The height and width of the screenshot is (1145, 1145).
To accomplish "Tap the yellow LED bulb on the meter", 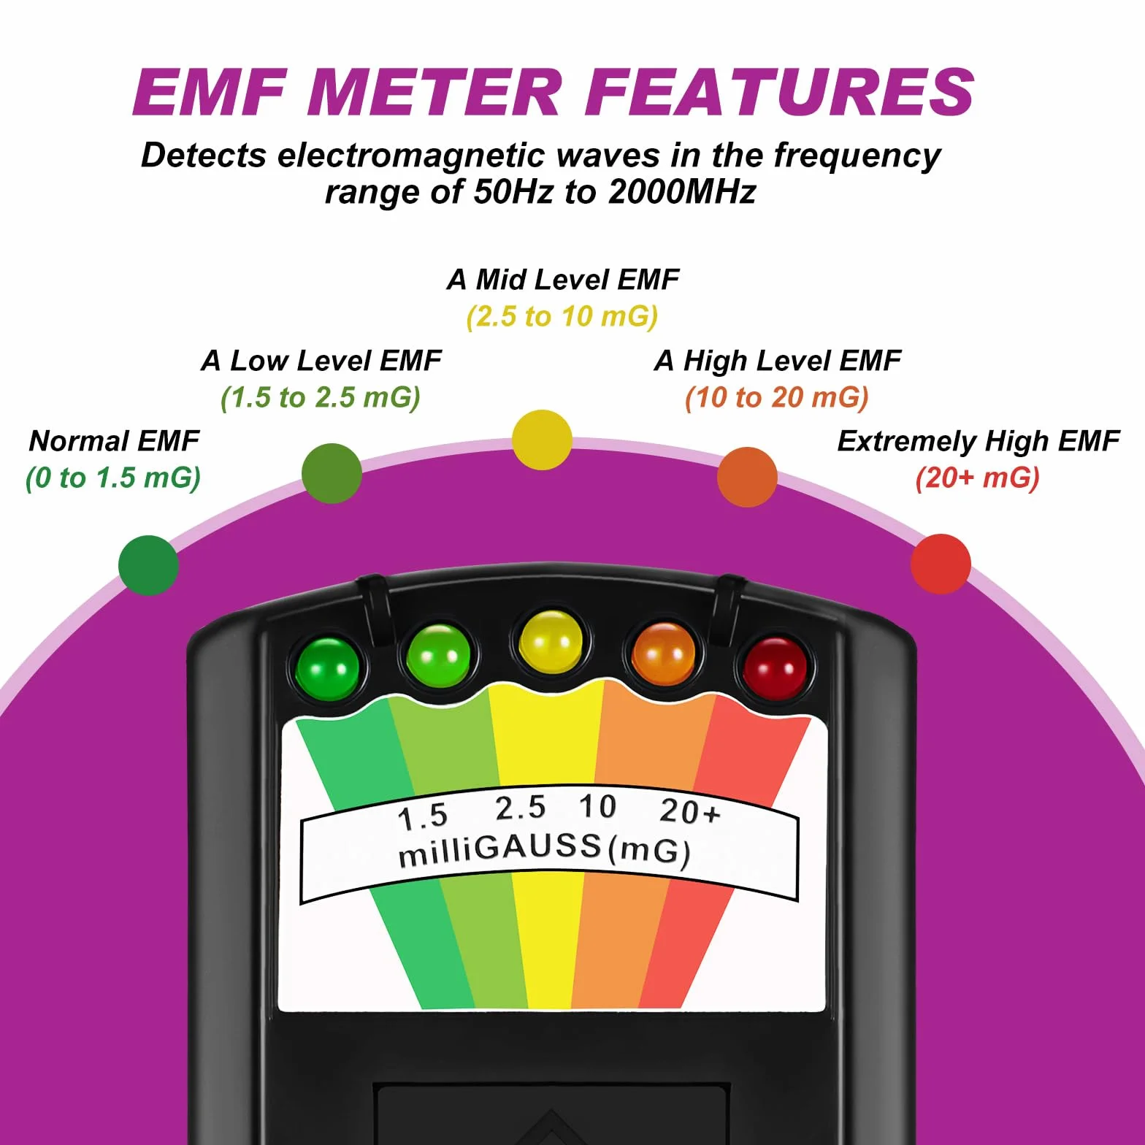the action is (551, 643).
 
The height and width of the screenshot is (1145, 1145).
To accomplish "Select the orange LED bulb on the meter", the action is (663, 654).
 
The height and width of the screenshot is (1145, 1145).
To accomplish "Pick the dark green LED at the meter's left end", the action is (327, 667).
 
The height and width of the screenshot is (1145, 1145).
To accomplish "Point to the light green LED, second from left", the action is (438, 654).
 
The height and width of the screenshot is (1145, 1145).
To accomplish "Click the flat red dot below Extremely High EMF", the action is (941, 564).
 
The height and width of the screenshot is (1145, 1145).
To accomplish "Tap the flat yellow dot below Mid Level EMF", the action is (542, 440).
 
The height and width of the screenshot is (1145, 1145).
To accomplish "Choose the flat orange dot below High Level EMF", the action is (747, 477).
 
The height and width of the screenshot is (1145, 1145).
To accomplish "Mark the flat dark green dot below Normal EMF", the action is (148, 565).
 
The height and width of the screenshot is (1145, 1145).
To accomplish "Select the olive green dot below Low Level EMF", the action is (332, 473).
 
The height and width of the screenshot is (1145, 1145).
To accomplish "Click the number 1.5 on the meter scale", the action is (423, 816).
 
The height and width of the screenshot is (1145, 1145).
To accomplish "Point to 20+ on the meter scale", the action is (689, 811).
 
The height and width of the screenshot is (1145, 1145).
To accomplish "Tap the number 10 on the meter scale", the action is (597, 807).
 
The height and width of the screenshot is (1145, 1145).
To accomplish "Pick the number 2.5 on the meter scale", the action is (520, 808).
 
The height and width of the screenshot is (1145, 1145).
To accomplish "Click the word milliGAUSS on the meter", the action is (499, 850).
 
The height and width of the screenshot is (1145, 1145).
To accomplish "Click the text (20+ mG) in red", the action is (977, 478).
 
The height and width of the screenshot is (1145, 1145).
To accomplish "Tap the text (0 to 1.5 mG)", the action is (113, 478).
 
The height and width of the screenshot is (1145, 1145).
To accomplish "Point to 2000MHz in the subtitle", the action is (682, 191).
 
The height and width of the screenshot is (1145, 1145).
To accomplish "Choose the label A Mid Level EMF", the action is (563, 279).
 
